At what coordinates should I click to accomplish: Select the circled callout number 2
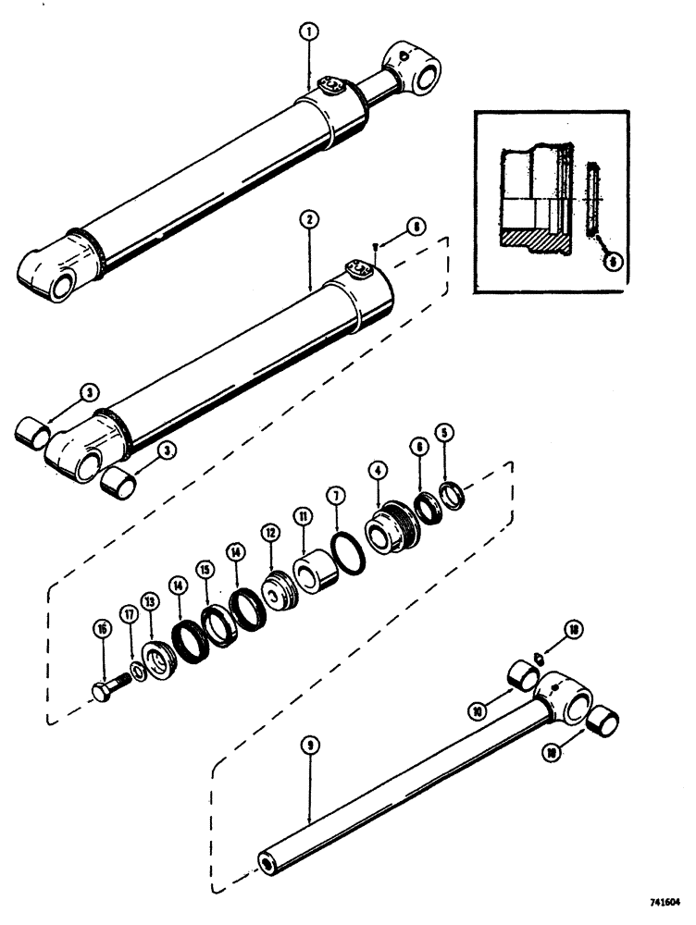click(308, 219)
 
